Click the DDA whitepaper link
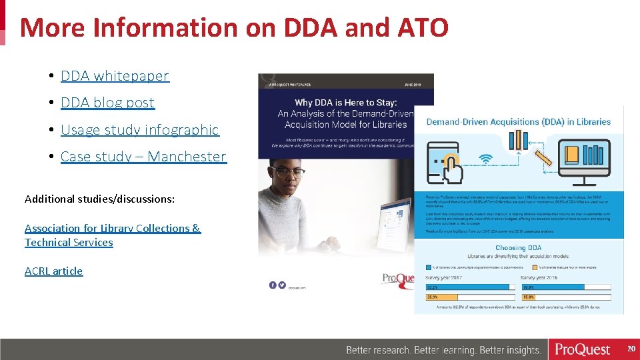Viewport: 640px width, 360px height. tap(115, 76)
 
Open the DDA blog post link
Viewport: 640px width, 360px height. tap(107, 103)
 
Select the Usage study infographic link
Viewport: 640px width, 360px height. tap(139, 130)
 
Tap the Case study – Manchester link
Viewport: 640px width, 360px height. tap(143, 157)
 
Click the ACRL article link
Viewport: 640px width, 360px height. tap(54, 271)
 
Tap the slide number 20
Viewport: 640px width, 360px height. tap(631, 349)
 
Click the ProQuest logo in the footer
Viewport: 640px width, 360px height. tap(583, 349)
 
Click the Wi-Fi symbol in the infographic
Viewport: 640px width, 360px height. tap(486, 159)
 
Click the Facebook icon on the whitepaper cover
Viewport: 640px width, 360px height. tap(273, 285)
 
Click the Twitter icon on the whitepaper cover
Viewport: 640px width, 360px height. tap(282, 285)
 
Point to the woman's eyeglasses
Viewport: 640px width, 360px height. tap(289, 172)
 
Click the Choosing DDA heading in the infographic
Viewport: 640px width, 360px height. tap(518, 248)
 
